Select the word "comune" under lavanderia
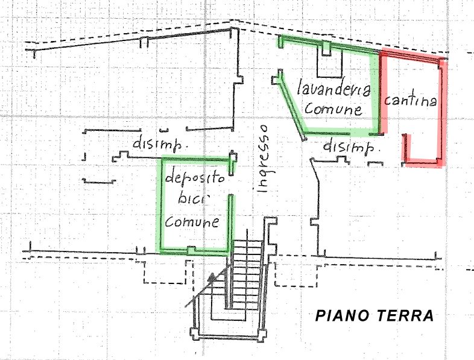pyautogui.click(x=333, y=109)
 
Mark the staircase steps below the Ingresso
pyautogui.click(x=247, y=265)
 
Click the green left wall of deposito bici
pyautogui.click(x=160, y=205)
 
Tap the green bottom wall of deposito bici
pyautogui.click(x=193, y=250)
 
